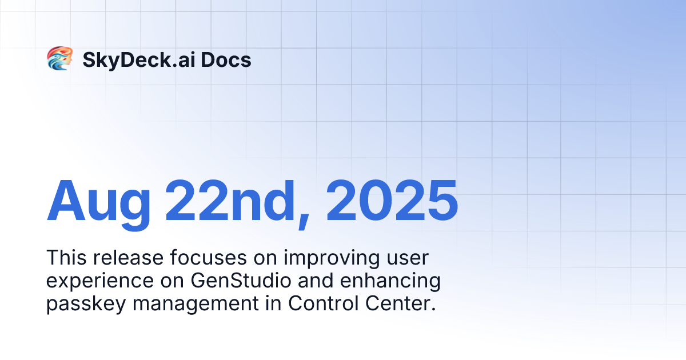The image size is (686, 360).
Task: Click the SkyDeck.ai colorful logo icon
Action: [59, 59]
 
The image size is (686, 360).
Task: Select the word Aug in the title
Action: [98, 202]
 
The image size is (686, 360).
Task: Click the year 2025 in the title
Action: [392, 201]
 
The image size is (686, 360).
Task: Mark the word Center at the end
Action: [401, 303]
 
